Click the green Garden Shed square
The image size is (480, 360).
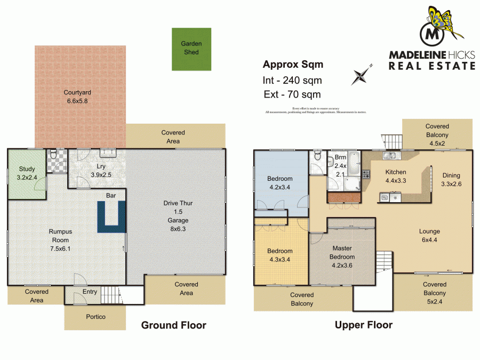[x=191, y=49]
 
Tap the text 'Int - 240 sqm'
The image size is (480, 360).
[x=293, y=81]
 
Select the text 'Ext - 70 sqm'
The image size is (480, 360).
[x=292, y=95]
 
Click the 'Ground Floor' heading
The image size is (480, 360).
[x=173, y=325]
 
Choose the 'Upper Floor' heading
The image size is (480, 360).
[x=363, y=325]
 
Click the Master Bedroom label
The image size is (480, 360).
[x=343, y=252]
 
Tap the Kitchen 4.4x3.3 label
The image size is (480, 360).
[x=396, y=176]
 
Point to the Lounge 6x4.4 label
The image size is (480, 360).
[x=429, y=235]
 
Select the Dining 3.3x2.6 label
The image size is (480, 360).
[x=450, y=179]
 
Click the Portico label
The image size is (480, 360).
[x=95, y=317]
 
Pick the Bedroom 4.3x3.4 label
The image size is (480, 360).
[x=280, y=255]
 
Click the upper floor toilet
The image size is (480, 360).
[x=317, y=156]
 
